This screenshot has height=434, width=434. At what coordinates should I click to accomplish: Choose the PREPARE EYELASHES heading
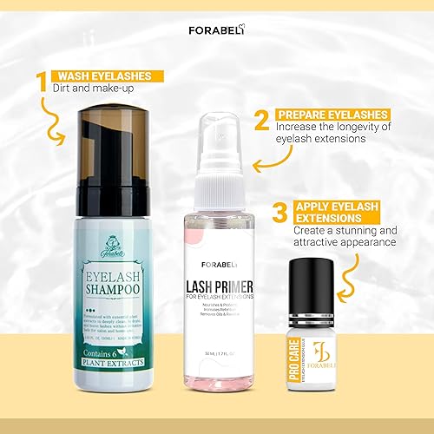click(332, 114)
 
